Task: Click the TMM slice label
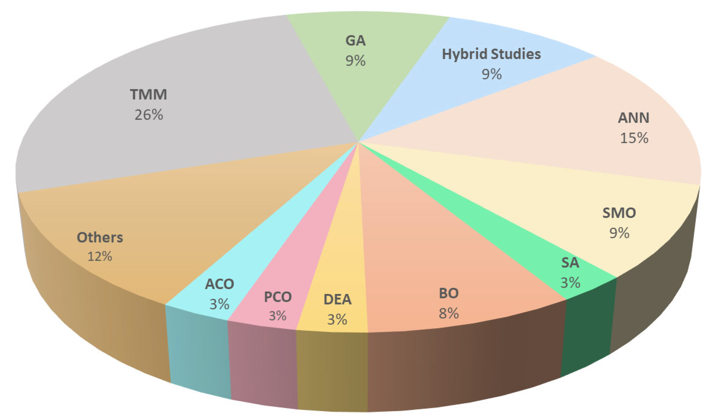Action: pos(148,94)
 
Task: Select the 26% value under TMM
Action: pos(149,115)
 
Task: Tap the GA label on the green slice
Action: pos(355,41)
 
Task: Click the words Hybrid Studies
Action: pos(491,54)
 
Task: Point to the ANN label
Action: pos(634,118)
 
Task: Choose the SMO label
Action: pos(619,213)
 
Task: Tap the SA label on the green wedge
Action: pos(570,263)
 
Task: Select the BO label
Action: pos(449,293)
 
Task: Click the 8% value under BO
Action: pos(449,314)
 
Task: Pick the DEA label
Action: pos(337,300)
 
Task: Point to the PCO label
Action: pos(278,297)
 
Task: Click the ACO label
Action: pos(220,284)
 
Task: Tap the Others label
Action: pos(100,237)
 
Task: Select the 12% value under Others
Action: pos(100,256)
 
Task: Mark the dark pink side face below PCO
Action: pos(263,367)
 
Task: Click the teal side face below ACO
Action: pos(199,353)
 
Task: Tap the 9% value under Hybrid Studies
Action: pos(492,74)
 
